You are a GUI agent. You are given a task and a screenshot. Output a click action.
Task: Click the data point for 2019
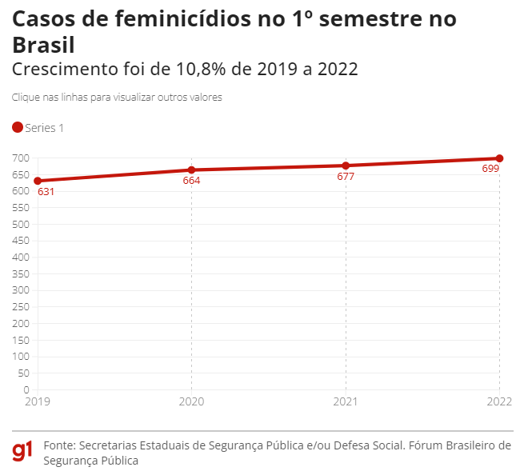38,181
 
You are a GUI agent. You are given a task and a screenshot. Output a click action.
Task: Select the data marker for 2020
191,170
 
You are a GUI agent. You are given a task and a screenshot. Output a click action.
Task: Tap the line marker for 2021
346,166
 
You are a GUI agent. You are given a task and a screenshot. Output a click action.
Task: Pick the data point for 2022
499,158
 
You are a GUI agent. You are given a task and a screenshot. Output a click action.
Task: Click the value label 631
46,192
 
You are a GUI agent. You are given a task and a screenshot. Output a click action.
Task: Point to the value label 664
191,181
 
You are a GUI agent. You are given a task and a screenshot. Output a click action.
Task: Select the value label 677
346,177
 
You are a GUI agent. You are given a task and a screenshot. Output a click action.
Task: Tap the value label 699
490,169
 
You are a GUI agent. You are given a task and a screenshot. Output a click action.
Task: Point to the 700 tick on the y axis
21,158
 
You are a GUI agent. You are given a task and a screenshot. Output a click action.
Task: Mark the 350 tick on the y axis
21,273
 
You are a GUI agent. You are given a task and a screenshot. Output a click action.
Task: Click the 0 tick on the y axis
26,389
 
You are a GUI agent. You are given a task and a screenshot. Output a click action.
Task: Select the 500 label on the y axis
21,224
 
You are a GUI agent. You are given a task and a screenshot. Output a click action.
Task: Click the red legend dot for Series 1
18,127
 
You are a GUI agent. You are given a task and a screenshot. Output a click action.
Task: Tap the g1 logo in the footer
22,452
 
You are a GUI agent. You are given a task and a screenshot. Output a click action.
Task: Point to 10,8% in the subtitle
198,69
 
